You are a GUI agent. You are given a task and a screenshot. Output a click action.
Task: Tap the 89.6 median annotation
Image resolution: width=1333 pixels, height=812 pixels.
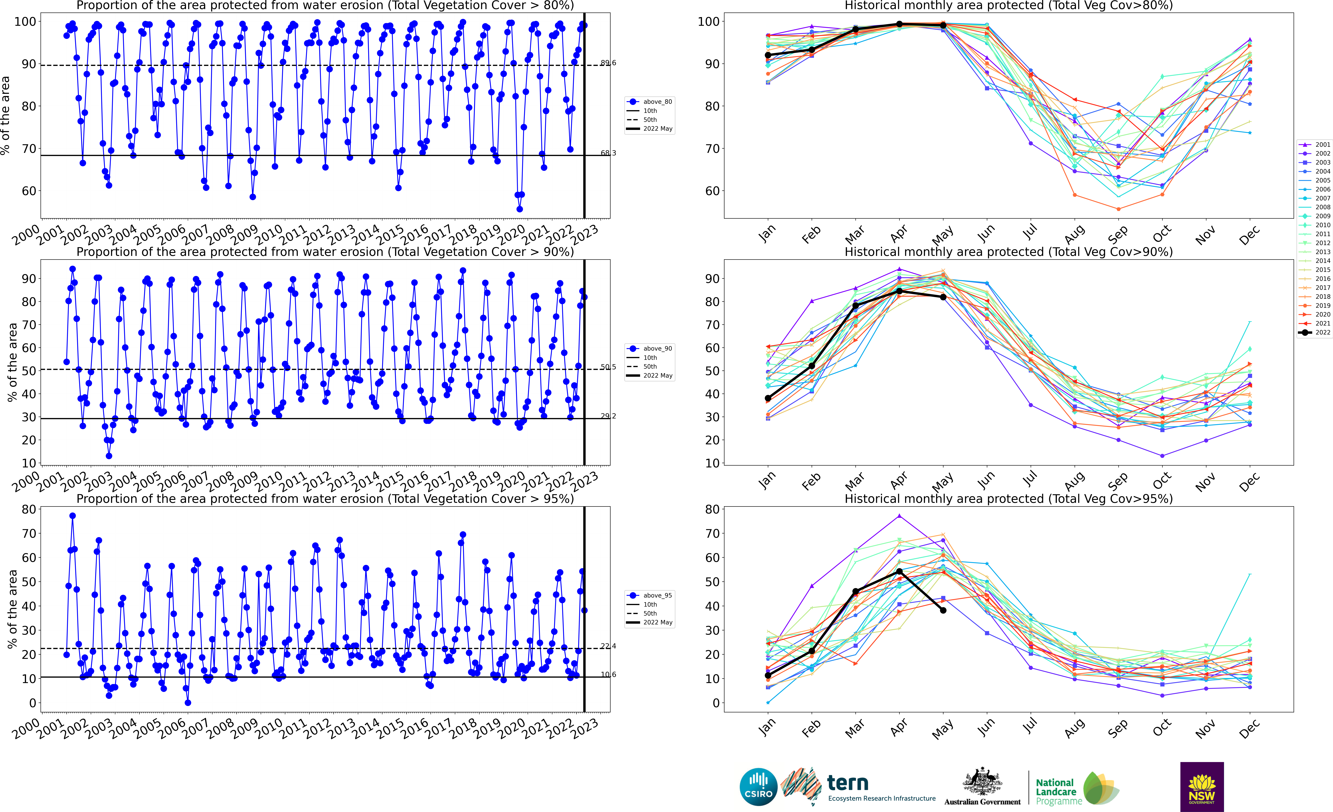[608, 63]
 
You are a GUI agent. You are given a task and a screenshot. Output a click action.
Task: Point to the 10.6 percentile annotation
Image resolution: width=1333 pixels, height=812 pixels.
[608, 675]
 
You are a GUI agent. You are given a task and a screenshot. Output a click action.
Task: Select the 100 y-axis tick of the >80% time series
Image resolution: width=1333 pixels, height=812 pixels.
[25, 22]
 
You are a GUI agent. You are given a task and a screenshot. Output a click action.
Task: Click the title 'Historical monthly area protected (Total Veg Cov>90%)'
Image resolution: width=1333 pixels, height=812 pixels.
[1008, 252]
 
